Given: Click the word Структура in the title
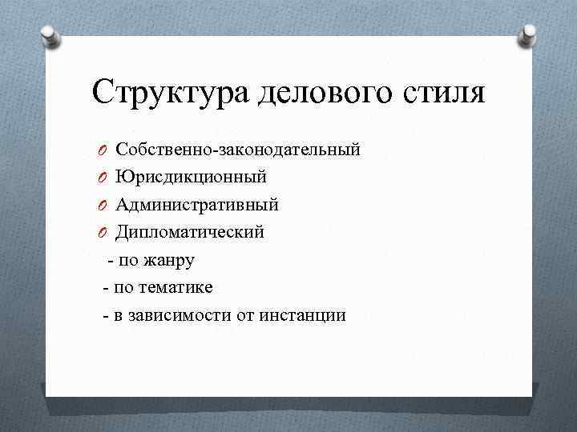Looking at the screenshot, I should click(171, 93).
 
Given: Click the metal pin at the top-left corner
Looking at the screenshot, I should click(50, 36).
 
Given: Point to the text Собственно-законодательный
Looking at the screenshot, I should click(237, 150).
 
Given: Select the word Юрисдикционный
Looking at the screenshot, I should click(191, 177).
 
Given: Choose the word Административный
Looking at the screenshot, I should click(197, 205).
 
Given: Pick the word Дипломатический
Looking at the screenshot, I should click(190, 232).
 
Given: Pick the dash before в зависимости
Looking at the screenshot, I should click(106, 315).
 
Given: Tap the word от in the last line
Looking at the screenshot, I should click(245, 315).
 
